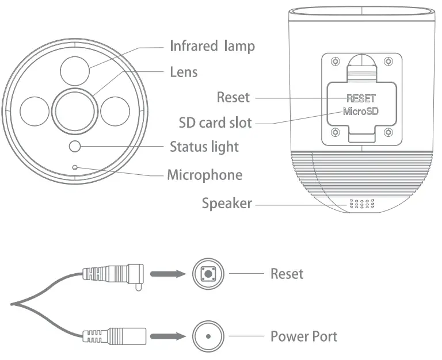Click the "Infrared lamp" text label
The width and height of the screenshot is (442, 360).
(x=212, y=46)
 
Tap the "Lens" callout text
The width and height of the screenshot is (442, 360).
(x=184, y=72)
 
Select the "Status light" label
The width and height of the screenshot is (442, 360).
(x=204, y=147)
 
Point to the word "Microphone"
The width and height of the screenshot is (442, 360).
(x=204, y=175)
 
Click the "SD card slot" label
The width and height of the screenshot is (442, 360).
(x=215, y=122)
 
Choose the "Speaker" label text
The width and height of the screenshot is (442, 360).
(x=226, y=203)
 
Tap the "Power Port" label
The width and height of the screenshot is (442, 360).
(x=304, y=336)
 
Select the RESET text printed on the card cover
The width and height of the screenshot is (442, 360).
(x=360, y=99)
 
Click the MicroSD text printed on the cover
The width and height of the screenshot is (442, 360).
(x=360, y=111)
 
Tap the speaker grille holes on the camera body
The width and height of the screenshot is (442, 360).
(x=361, y=204)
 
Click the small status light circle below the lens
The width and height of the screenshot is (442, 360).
(x=75, y=147)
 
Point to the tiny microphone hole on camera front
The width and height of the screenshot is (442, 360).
(x=75, y=167)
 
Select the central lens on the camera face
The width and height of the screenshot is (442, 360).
(x=75, y=108)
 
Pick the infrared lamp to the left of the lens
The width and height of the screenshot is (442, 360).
(x=35, y=110)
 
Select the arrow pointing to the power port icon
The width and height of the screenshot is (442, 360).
(x=167, y=336)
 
